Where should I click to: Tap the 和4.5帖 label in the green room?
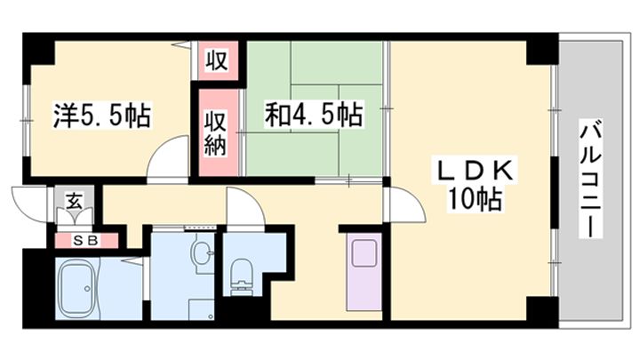(313, 115)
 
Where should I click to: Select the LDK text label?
(473, 169)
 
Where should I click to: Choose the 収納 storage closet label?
(217, 132)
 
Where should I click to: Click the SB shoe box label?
(84, 239)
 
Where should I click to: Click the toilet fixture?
(241, 276)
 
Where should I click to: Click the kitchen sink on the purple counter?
(365, 252)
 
